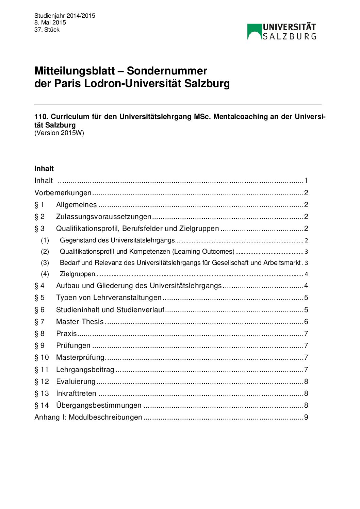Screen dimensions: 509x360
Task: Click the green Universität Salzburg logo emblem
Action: [x=254, y=32]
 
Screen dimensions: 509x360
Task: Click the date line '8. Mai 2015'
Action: [x=50, y=22]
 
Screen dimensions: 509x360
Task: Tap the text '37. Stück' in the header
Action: [x=47, y=30]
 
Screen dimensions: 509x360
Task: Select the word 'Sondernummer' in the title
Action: [x=167, y=71]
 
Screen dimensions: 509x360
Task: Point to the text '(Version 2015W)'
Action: [x=59, y=133]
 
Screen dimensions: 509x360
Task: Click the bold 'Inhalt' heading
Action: [x=44, y=169]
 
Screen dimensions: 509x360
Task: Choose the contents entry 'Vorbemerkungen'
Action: [x=63, y=193]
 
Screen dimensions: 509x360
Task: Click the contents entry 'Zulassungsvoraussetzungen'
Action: [x=103, y=217]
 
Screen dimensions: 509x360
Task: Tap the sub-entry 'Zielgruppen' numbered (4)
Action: [x=77, y=274]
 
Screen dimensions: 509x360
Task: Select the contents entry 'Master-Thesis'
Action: [x=80, y=322]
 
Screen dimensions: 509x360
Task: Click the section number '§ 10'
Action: [x=42, y=358]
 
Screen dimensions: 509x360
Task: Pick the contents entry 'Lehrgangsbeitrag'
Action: [x=85, y=370]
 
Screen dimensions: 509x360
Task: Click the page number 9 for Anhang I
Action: [x=306, y=417]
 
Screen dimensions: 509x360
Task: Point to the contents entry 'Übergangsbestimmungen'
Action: [x=99, y=405]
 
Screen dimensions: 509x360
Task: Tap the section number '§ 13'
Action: [x=42, y=393]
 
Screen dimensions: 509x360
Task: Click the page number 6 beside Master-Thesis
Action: [x=306, y=322]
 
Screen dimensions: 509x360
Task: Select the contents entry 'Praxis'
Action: [x=66, y=334]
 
